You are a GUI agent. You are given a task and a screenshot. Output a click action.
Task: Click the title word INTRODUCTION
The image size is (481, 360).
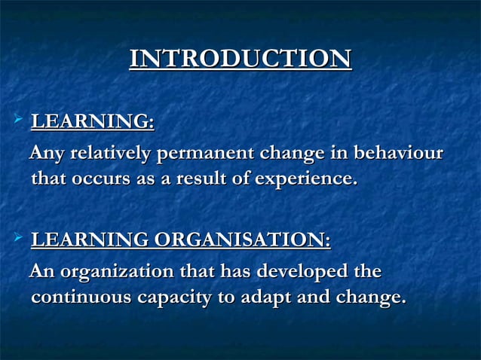pos(240,59)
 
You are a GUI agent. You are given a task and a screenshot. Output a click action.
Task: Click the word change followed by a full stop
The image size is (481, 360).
pos(365,299)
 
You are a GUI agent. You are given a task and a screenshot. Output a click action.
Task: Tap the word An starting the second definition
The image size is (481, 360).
pos(41,271)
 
